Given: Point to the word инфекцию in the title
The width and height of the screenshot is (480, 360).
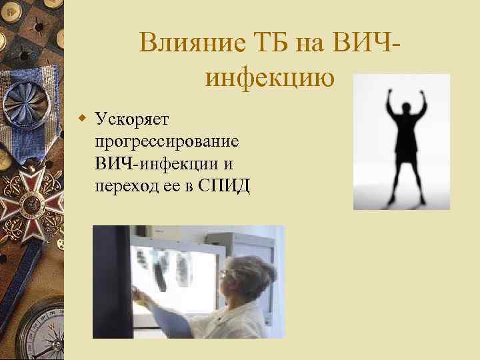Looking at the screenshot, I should (x=270, y=78).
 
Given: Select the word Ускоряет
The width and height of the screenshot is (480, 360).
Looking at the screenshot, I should (x=133, y=119).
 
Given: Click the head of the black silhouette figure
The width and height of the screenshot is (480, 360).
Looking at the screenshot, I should (x=402, y=106).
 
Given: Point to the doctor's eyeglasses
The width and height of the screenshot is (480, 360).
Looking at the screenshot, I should (x=227, y=273).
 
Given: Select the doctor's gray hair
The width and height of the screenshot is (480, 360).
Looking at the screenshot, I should (x=257, y=270).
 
